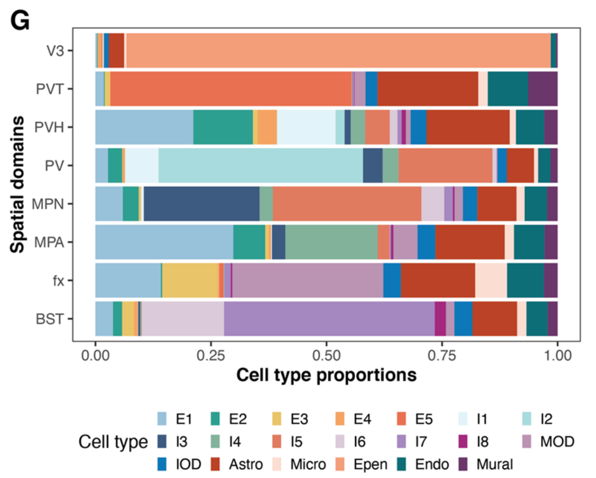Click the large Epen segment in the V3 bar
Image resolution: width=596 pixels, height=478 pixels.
tap(338, 50)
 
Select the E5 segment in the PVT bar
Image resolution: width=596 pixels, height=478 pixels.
tap(230, 89)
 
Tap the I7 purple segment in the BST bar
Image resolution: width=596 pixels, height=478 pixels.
tap(329, 319)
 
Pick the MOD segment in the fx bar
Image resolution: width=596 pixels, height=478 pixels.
tap(307, 280)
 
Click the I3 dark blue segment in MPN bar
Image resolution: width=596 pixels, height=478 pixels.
tap(201, 204)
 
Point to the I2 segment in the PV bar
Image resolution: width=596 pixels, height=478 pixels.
tap(260, 166)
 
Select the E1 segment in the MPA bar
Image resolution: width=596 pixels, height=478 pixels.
tap(164, 242)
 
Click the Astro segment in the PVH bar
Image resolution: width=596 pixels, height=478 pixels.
tap(468, 127)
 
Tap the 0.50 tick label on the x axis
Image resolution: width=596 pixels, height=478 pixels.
tap(326, 355)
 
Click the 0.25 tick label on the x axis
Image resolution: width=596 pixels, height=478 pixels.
tap(211, 355)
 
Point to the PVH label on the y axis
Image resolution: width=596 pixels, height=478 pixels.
tap(49, 127)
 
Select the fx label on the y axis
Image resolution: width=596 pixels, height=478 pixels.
tap(58, 280)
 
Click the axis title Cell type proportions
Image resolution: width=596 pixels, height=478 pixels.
tap(326, 375)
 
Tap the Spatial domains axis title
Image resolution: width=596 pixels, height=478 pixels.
tap(17, 185)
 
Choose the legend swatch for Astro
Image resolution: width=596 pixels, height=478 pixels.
tap(215, 464)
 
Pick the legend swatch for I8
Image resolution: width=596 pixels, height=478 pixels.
tap(463, 442)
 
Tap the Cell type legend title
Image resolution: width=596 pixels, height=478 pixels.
tap(113, 442)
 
